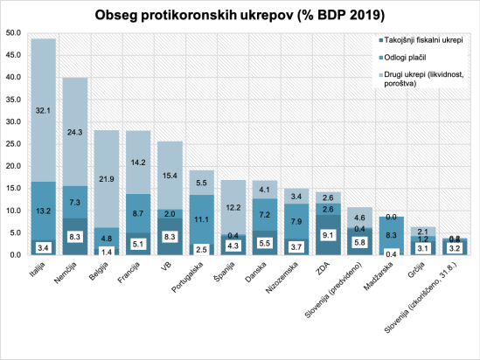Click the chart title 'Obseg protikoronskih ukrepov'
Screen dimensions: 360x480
[x=240, y=16]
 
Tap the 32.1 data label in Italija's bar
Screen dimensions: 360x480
[x=44, y=111]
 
